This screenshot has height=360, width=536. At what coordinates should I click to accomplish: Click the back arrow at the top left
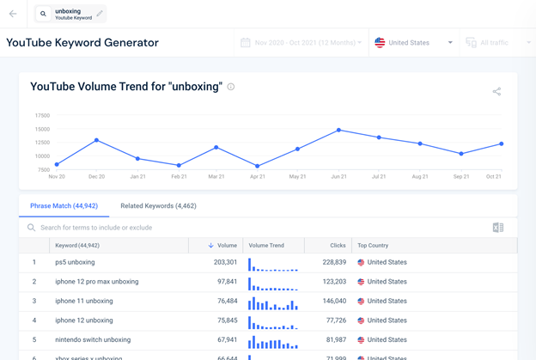13,14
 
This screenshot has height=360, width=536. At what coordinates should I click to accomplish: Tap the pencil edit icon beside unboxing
100,14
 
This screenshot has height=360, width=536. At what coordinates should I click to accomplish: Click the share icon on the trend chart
496,91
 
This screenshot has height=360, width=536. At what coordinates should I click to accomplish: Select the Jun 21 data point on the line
339,131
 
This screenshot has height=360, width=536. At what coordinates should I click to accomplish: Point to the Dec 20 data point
97,140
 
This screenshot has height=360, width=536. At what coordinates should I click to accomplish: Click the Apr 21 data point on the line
258,167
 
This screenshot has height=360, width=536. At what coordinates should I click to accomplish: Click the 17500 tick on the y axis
42,115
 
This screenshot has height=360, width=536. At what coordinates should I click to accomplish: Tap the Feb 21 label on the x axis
179,177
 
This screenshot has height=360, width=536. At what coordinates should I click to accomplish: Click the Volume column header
223,246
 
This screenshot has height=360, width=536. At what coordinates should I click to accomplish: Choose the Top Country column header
375,246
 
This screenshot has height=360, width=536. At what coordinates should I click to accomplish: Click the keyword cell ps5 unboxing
75,262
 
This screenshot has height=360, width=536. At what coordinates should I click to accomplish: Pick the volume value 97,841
221,282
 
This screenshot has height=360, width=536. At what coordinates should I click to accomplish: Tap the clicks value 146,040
329,302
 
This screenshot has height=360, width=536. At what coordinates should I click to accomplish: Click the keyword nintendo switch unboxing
93,340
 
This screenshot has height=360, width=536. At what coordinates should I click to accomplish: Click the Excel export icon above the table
497,228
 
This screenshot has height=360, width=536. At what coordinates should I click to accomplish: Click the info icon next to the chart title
231,87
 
